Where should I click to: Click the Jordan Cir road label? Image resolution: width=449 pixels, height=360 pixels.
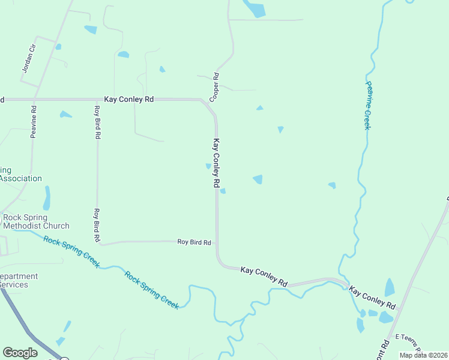[x=29, y=59]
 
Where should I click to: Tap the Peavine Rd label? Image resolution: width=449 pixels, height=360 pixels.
[x=34, y=122]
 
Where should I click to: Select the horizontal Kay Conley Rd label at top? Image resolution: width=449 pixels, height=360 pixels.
[x=129, y=99]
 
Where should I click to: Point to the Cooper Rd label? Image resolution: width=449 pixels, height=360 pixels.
[x=214, y=86]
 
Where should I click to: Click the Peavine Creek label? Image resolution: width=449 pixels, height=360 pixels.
[x=368, y=106]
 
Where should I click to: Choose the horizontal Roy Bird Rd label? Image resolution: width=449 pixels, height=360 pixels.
[x=194, y=242]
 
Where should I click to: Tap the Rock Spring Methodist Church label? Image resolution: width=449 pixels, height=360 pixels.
[x=36, y=222]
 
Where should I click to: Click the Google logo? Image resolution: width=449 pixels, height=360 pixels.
[x=20, y=353]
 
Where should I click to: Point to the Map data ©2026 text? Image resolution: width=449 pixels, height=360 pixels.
[x=423, y=355]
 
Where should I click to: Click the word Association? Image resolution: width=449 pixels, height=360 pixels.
[x=21, y=178]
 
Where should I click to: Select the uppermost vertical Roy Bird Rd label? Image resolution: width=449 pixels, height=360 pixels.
[x=97, y=122]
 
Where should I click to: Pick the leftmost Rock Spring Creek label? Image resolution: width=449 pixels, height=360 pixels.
[x=72, y=251]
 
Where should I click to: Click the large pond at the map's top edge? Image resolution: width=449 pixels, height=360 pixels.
[x=255, y=8]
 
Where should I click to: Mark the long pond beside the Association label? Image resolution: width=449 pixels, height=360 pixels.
[x=47, y=197]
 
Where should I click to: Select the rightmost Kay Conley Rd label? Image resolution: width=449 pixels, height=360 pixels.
[x=373, y=298]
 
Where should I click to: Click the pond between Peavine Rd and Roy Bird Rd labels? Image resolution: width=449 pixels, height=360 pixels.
[x=65, y=114]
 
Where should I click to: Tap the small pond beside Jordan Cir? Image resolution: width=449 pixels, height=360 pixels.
[x=58, y=46]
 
